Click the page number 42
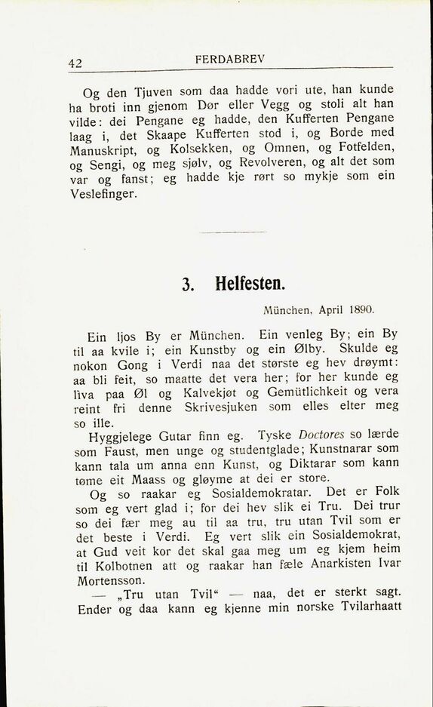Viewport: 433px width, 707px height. point(75,64)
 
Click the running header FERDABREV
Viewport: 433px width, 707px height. point(229,59)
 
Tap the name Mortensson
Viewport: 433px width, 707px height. point(112,582)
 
